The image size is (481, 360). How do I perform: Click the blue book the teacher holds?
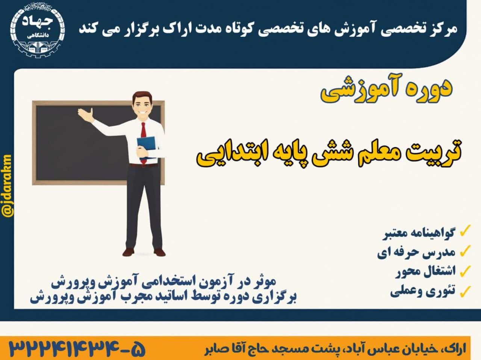[x=146, y=147]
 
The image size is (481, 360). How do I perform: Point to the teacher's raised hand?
[x=86, y=113]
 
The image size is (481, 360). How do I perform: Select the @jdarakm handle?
[x=7, y=186]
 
